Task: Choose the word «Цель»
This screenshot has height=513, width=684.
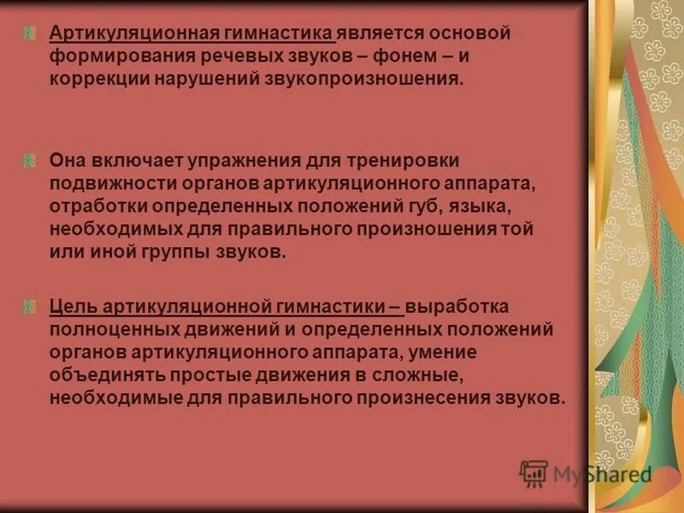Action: tap(72, 306)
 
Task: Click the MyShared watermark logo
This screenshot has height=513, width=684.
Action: tap(585, 474)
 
